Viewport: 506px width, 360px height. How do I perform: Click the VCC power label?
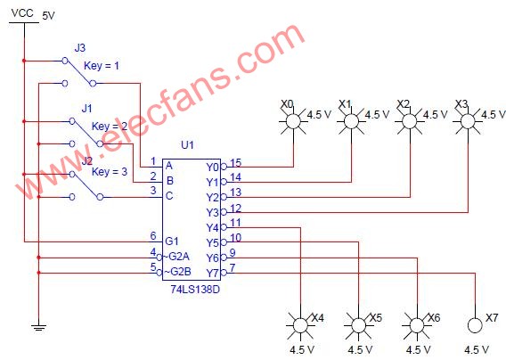click(x=22, y=12)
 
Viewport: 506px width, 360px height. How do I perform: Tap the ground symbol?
click(x=38, y=327)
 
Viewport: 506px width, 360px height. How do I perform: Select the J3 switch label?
click(x=79, y=48)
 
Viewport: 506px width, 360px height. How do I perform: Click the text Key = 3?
click(x=110, y=171)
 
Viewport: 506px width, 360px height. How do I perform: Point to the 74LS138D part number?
click(x=195, y=289)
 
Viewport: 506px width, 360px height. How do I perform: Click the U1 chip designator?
click(x=187, y=145)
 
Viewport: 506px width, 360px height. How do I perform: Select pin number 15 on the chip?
click(x=235, y=163)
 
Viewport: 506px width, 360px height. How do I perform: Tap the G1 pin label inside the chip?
click(x=172, y=241)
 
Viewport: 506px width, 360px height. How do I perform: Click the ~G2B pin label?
click(x=177, y=272)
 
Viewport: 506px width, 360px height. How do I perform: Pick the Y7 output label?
click(x=212, y=274)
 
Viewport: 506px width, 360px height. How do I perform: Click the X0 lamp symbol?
click(x=293, y=122)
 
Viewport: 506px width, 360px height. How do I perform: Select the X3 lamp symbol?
click(x=468, y=122)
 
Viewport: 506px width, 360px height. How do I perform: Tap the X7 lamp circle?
click(x=475, y=325)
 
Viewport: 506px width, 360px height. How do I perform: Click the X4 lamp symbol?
click(x=300, y=325)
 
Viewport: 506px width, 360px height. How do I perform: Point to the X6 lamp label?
click(x=434, y=318)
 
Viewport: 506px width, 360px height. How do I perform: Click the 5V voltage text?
click(x=48, y=15)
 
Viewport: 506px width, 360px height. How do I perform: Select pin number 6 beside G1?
click(x=153, y=236)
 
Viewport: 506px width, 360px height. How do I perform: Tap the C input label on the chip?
click(x=169, y=196)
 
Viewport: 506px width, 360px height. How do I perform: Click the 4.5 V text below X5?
click(x=360, y=349)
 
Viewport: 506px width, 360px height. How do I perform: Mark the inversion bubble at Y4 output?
click(x=224, y=227)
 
